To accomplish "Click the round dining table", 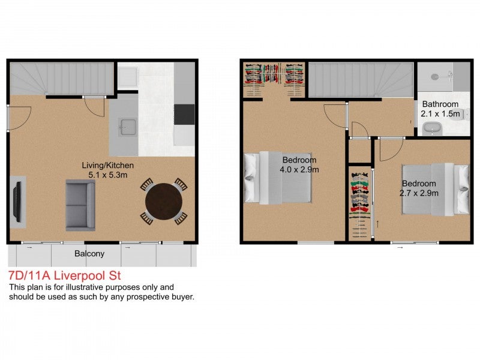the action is click(164, 202).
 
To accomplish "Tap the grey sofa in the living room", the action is click(80, 205).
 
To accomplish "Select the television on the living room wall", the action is click(18, 202).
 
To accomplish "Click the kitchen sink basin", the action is click(128, 127).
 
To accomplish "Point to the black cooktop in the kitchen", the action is click(184, 114).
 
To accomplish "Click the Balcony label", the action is click(89, 253).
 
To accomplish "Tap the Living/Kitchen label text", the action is click(108, 166).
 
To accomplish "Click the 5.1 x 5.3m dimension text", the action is click(108, 175).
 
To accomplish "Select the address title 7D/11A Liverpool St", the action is click(65, 275).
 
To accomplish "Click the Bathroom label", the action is click(440, 104).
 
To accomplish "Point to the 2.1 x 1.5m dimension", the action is click(440, 114).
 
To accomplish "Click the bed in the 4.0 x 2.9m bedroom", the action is click(278, 178).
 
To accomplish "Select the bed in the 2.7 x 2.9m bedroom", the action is click(436, 189).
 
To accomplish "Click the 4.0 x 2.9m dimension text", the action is click(299, 169).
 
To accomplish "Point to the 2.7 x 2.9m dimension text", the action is click(419, 193).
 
